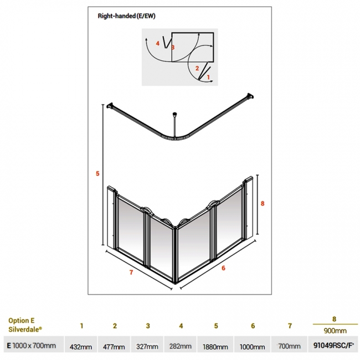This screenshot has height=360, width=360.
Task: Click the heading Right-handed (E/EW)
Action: pyautogui.click(x=126, y=16)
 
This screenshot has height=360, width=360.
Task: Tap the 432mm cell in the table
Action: pyautogui.click(x=81, y=347)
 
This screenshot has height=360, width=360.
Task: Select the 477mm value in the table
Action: pyautogui.click(x=114, y=347)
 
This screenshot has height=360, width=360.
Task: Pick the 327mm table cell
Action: pyautogui.click(x=147, y=346)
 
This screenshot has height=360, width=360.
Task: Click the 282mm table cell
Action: pyautogui.click(x=181, y=346)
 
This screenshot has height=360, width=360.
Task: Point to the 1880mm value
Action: pyautogui.click(x=215, y=347)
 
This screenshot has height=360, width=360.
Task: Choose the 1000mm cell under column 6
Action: pyautogui.click(x=253, y=347)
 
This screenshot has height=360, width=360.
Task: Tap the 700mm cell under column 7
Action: pyautogui.click(x=289, y=346)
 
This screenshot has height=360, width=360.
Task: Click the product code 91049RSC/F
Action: pyautogui.click(x=333, y=345)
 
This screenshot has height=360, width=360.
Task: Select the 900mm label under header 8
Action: pyautogui.click(x=335, y=331)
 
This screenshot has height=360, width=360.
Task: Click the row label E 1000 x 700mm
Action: pyautogui.click(x=32, y=345)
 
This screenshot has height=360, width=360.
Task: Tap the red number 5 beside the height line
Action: pyautogui.click(x=97, y=173)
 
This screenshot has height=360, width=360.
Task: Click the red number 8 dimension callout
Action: pyautogui.click(x=263, y=203)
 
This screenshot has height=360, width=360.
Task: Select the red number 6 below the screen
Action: pyautogui.click(x=223, y=268)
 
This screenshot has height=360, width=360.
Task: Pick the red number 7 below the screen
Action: pyautogui.click(x=131, y=272)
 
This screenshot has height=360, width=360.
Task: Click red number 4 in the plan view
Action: pyautogui.click(x=157, y=43)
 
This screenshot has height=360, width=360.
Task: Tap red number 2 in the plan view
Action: pyautogui.click(x=197, y=68)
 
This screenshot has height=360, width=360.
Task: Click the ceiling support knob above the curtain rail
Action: pyautogui.click(x=174, y=114)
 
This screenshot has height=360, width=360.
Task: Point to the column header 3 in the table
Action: pyautogui.click(x=148, y=326)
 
